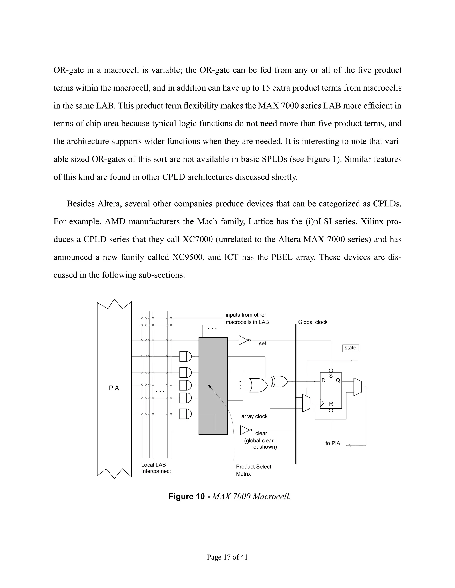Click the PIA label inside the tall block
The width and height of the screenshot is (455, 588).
coord(114,388)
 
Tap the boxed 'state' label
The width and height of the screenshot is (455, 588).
coord(350,348)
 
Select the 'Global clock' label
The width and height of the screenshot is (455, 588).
coord(312,322)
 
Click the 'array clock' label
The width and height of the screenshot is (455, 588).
coord(254,416)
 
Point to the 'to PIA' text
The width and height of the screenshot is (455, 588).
coord(333,443)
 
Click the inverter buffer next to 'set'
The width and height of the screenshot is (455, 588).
coord(244,340)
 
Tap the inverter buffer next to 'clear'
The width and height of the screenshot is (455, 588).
coord(245,430)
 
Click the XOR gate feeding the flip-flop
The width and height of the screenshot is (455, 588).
coord(280,381)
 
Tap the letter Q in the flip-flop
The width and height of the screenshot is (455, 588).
coord(338,381)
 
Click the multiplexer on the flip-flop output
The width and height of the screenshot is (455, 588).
coord(357,387)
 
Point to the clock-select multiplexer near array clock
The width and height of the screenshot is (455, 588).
coord(306,403)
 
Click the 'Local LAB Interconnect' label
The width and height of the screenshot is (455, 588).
coord(156,468)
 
